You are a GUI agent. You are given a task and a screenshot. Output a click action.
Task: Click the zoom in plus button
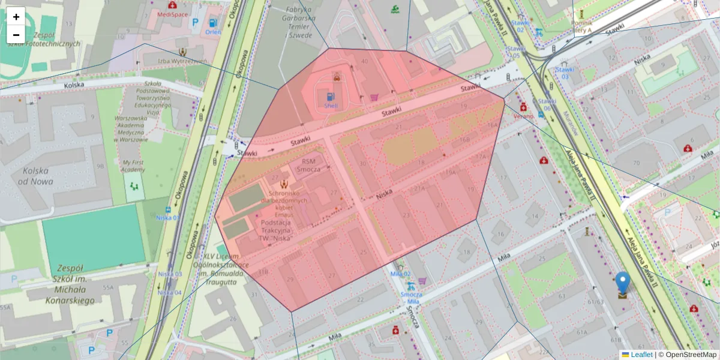[16, 17]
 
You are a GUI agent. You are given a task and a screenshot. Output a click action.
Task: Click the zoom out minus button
[16, 35]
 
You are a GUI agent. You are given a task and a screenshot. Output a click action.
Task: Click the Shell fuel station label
[331, 105]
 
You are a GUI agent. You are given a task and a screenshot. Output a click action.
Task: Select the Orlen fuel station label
[212, 32]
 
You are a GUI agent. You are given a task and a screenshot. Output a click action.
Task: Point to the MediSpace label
[172, 13]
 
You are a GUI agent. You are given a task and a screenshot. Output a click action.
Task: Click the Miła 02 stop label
[400, 274]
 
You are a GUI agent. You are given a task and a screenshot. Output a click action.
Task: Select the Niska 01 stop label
[168, 217]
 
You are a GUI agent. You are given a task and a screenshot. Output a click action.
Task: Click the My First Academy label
[134, 166]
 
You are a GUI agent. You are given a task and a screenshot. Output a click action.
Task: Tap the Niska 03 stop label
[169, 274]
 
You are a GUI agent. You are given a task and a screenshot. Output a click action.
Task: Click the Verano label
[523, 116]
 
